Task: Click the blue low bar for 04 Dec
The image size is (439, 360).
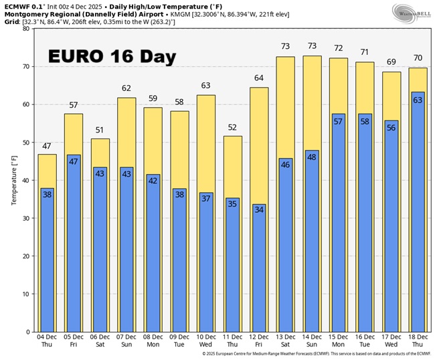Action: point(46,261)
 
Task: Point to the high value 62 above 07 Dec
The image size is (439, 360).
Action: point(126,88)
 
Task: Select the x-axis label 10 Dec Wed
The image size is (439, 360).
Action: point(205,341)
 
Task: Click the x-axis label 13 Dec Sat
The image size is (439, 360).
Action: point(285,341)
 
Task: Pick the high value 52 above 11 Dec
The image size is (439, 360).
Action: point(232,127)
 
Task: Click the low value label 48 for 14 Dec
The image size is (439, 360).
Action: point(311,157)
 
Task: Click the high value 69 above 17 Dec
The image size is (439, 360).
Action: point(391,62)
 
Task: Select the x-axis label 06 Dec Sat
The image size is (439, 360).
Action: point(100,341)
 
